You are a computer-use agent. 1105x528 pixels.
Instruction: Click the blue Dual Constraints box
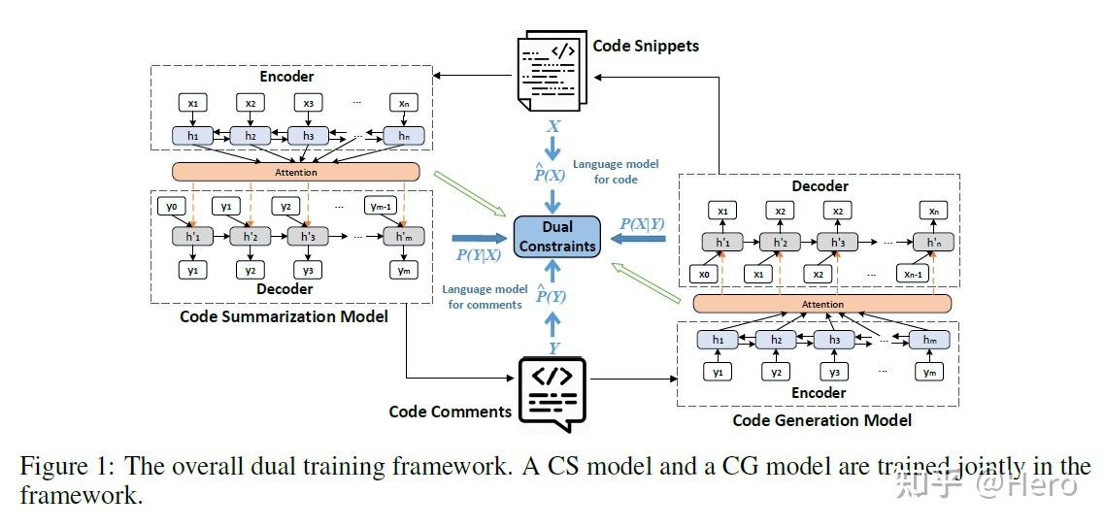pos(557,236)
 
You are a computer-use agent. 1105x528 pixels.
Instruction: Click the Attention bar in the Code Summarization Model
pos(295,171)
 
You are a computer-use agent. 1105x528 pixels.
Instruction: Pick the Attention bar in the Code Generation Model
pos(821,304)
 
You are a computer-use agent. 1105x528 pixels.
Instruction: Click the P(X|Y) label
pos(643,223)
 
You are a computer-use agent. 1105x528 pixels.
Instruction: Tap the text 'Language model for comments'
pos(485,297)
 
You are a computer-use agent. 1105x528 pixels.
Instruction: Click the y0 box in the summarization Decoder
pos(172,206)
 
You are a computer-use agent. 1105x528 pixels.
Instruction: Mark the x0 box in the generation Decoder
pos(705,275)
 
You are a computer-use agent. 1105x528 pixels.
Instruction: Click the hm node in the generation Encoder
pos(927,340)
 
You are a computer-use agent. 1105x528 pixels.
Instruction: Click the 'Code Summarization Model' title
pos(285,316)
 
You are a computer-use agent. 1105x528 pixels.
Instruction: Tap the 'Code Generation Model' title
pos(821,420)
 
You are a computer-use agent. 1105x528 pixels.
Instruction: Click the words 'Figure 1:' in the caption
pos(67,466)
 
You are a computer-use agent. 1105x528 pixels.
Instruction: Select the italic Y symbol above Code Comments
pos(554,347)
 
